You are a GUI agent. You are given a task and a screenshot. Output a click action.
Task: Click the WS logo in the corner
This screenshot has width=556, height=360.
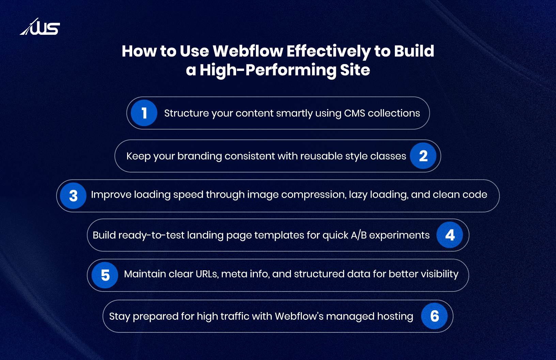[x=40, y=27]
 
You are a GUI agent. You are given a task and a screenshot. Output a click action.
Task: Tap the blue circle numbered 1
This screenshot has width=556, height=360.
[x=144, y=113]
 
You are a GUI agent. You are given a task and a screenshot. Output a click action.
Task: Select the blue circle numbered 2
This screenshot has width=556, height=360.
[x=423, y=156]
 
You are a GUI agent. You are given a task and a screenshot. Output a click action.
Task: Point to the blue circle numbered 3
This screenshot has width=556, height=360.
[x=73, y=196]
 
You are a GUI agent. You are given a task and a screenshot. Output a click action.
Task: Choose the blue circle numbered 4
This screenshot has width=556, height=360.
[x=450, y=235]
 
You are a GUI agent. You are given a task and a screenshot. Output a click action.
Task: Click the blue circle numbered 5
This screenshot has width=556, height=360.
[x=105, y=275]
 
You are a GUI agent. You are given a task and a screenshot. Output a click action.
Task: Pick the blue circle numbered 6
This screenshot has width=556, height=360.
[x=434, y=316]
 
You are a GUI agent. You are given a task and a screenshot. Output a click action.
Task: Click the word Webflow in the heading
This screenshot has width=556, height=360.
[x=248, y=51]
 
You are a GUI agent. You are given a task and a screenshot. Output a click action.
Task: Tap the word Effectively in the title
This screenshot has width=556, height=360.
[x=328, y=51]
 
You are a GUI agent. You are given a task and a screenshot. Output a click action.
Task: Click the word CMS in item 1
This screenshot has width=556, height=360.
[x=354, y=113]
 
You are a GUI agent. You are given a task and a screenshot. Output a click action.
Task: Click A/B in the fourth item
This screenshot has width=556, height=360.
[x=358, y=235]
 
